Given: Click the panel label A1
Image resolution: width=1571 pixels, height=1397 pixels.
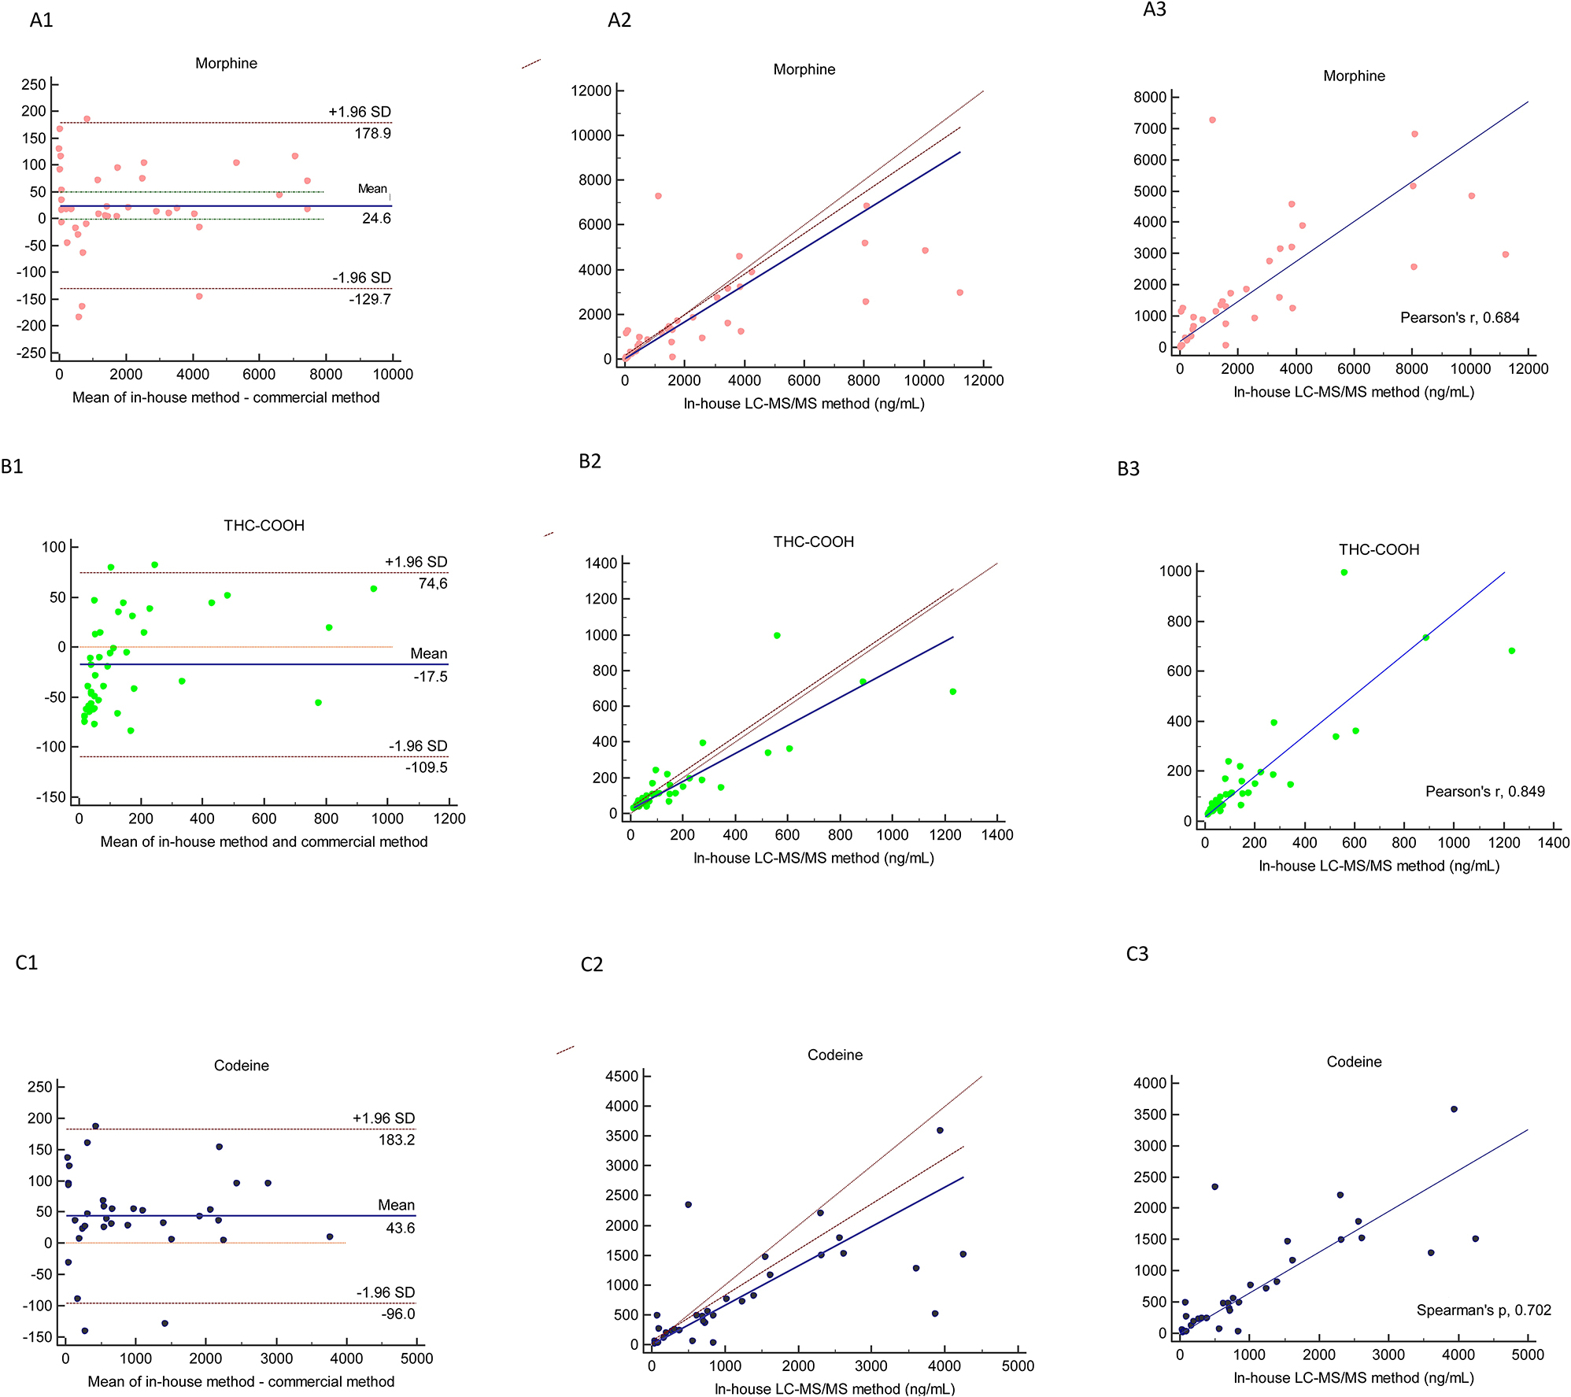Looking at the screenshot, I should pos(41,20).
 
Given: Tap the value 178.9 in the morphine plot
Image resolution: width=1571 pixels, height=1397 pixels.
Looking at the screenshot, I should pos(372,134).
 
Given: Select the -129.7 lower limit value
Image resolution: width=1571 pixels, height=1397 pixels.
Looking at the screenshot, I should pos(370,299).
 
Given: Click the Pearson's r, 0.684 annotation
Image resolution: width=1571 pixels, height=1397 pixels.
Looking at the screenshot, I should pos(1459,318).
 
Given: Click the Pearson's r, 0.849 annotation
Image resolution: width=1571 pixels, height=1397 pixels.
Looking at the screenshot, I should pos(1484,792).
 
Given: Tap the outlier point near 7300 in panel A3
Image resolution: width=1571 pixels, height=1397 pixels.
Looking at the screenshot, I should pos(1212,120).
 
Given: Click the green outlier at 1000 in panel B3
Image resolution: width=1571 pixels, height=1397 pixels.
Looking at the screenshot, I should pos(1344,572).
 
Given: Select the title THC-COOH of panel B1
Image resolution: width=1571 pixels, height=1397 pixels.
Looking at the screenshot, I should pos(264,526).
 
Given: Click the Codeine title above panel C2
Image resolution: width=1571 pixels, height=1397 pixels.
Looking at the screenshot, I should pos(834,1055).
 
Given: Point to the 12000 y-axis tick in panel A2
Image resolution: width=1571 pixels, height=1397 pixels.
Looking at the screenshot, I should pos(590,91).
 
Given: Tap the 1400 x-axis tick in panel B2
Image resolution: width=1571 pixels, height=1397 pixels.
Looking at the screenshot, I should pos(996,835).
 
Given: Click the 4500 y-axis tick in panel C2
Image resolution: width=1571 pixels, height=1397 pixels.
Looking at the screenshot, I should pos(622,1076).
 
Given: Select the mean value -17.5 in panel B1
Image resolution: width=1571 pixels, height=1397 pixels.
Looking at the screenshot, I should pos(430,677).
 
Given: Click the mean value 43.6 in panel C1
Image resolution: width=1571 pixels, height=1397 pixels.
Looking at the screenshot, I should pos(400,1228).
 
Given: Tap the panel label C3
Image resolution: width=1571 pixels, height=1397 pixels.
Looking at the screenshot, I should pos(1137,954).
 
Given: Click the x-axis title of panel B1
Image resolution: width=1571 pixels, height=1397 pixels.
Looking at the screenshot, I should pos(264,841).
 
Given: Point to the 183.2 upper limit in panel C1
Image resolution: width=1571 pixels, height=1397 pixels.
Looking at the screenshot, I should pos(396,1140).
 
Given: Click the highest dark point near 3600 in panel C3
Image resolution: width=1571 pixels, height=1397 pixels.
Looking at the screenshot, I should pos(1454,1109).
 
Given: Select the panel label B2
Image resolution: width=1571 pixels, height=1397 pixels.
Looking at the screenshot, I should pos(590,461).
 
